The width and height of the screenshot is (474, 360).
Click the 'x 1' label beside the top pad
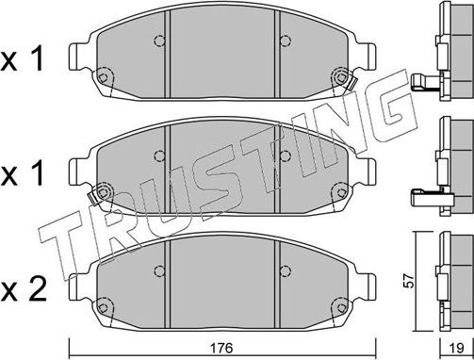tap(25, 61)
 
